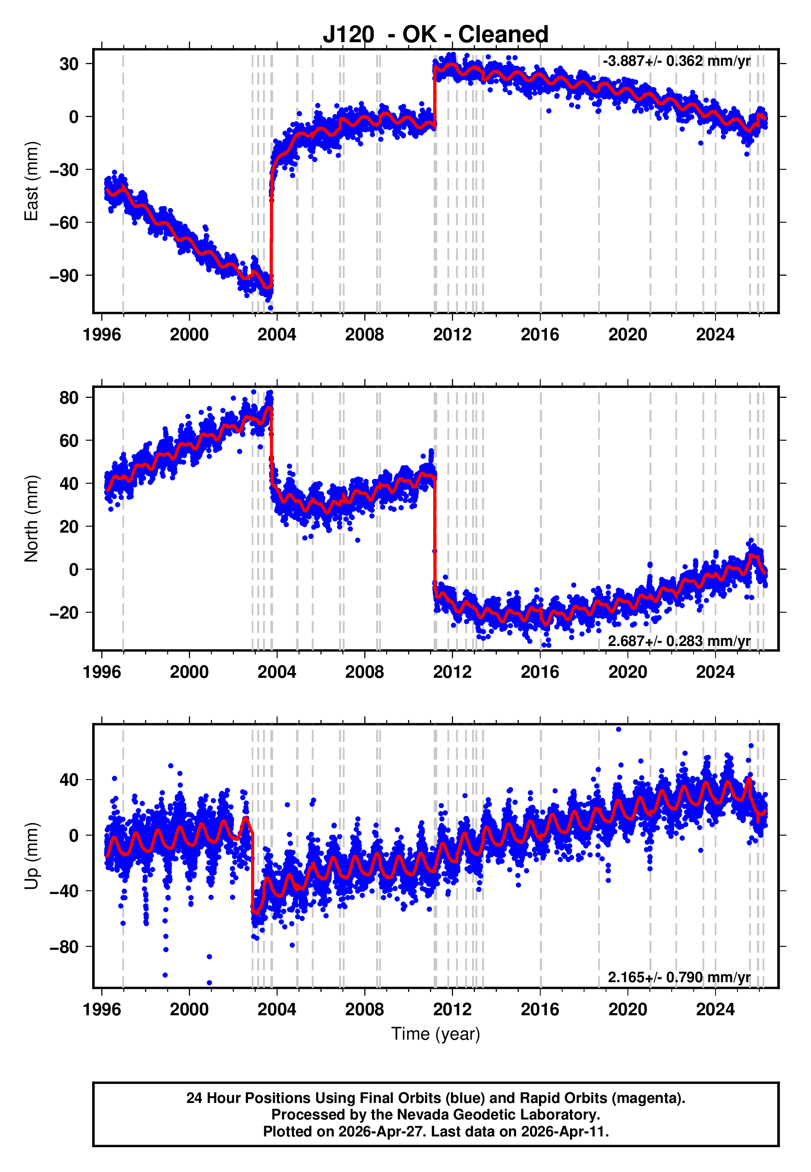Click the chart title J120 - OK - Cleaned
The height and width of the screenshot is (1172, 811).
(x=436, y=35)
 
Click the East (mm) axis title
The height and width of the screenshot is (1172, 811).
(x=31, y=181)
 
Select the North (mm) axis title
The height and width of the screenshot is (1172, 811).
(x=31, y=519)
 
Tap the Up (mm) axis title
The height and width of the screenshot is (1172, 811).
(x=31, y=856)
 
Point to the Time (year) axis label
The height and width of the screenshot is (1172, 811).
(x=436, y=1034)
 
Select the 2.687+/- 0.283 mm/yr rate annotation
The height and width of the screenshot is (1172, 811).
(x=679, y=641)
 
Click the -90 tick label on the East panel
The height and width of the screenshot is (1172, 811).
(x=64, y=275)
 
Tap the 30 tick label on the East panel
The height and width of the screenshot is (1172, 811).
(x=69, y=64)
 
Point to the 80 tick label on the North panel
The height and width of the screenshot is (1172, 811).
(x=69, y=397)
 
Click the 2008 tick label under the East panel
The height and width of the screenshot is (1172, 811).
(x=364, y=335)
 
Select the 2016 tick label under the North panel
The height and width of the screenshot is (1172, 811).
(x=540, y=672)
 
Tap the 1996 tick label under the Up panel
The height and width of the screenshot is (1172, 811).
(x=102, y=1009)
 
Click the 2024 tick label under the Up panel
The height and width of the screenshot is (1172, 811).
(x=715, y=1009)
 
